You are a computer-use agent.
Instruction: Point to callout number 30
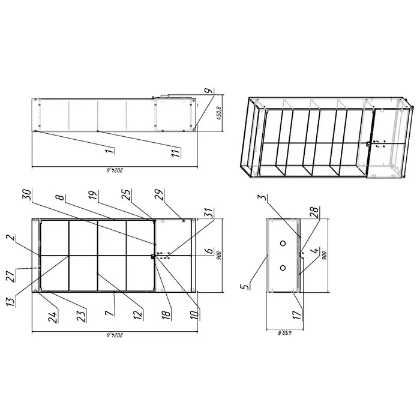pyautogui.click(x=27, y=195)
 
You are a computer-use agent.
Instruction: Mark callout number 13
pyautogui.click(x=10, y=301)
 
